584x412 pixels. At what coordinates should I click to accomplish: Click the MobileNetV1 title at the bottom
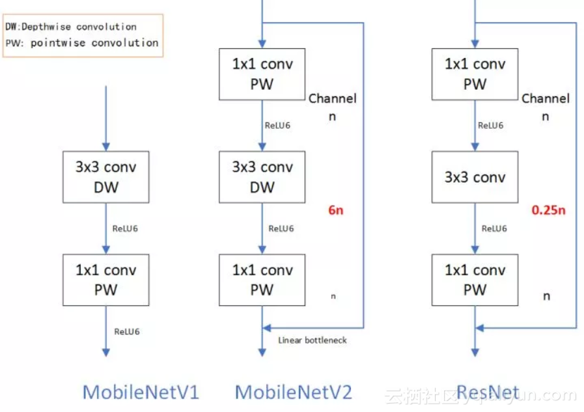tap(140, 392)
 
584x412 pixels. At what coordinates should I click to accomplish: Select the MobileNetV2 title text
tap(293, 392)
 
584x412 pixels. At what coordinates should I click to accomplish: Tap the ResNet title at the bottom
tap(488, 392)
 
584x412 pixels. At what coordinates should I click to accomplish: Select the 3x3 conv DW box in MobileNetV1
tap(105, 177)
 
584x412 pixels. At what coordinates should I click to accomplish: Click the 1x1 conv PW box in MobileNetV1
tap(105, 280)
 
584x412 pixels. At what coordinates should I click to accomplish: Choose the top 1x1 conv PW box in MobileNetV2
tap(262, 74)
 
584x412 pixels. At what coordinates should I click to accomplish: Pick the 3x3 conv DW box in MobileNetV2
tap(262, 177)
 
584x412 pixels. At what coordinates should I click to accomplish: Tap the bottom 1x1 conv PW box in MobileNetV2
tap(262, 280)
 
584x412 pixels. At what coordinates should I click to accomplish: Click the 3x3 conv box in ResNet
tap(475, 177)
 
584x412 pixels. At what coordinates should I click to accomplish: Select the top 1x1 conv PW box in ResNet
tap(475, 74)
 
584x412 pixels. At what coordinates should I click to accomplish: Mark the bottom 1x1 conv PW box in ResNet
tap(475, 280)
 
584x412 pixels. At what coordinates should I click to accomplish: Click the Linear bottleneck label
tap(313, 340)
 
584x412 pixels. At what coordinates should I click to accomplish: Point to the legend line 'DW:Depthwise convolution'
tap(71, 27)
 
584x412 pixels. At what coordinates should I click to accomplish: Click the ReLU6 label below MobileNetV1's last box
tap(127, 331)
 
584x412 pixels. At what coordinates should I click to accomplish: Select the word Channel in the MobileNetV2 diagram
tap(332, 99)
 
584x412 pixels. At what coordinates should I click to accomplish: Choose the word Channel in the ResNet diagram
tap(546, 99)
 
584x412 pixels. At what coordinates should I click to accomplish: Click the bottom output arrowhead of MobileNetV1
tap(106, 351)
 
